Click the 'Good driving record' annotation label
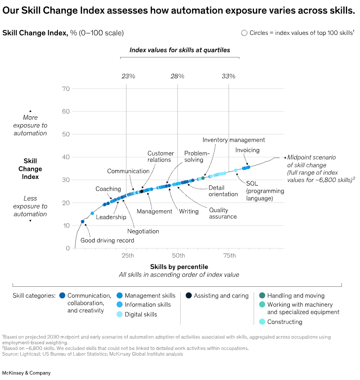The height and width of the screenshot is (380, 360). click(107, 241)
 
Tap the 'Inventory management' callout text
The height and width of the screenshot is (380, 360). click(234, 140)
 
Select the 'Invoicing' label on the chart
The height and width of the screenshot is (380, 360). click(247, 150)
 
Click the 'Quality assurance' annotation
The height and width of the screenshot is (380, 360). click(223, 213)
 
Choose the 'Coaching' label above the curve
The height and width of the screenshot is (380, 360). click(108, 189)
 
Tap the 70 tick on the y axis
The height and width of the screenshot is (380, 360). click(66, 89)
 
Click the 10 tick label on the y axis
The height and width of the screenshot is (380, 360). click(66, 226)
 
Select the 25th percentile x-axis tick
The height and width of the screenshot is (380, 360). click(127, 256)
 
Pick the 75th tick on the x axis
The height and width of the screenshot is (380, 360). click(229, 256)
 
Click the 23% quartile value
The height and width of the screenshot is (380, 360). click(128, 76)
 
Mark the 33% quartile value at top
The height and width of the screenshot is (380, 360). click(228, 76)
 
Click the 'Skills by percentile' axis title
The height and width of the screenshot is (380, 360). click(179, 267)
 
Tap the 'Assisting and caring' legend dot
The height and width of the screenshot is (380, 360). click(189, 296)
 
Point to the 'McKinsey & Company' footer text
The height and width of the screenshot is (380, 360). click(27, 373)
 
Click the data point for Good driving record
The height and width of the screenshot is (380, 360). click(83, 222)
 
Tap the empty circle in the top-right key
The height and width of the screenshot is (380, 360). click(244, 33)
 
